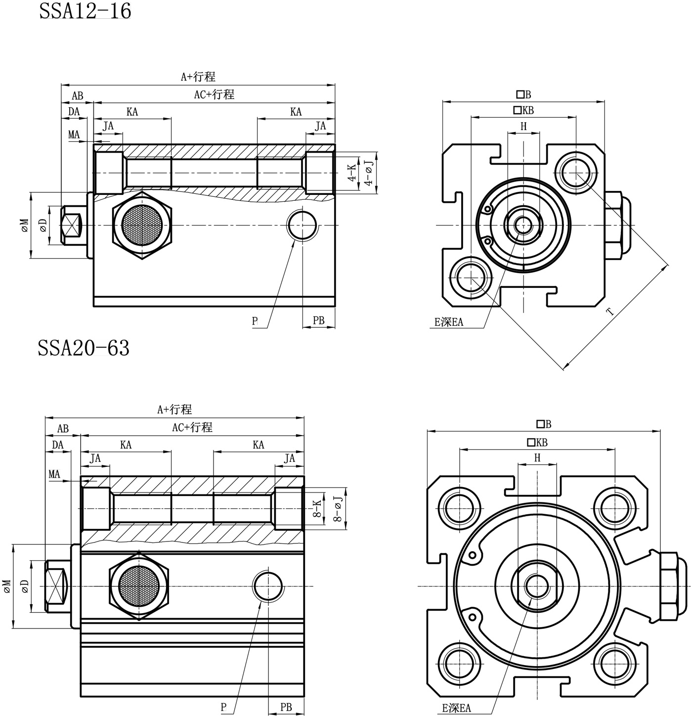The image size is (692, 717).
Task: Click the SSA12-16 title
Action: [x=85, y=11]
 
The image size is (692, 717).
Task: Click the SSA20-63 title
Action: [x=84, y=348]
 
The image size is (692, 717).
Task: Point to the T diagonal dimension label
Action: [x=610, y=311]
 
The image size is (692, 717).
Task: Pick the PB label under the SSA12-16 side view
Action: [x=319, y=320]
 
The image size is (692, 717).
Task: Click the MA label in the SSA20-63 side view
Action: [x=54, y=475]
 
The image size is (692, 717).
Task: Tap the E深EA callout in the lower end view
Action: [x=456, y=708]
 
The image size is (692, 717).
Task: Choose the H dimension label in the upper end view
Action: [x=523, y=127]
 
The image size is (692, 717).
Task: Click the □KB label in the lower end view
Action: [x=537, y=442]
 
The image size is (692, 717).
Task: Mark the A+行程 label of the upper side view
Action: [x=198, y=77]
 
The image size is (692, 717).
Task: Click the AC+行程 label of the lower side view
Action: [x=192, y=427]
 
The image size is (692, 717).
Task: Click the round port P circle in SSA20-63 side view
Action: [x=268, y=586]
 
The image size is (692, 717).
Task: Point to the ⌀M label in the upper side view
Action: [x=25, y=225]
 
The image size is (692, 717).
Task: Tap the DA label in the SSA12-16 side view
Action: [x=74, y=112]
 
